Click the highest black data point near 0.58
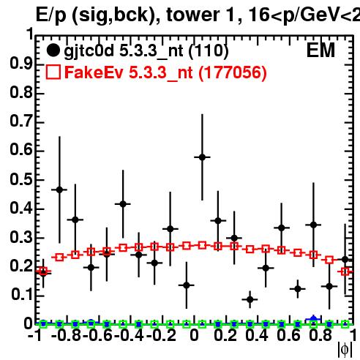click(202, 157)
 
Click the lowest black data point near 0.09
click(250, 299)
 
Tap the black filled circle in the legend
click(53, 50)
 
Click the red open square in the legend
click(53, 72)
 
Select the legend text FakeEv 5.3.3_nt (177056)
click(166, 72)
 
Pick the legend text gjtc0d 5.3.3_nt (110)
click(146, 51)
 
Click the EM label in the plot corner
click(320, 50)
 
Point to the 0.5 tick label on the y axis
click(21, 179)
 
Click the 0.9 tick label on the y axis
click(21, 64)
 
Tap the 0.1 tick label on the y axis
click(21, 295)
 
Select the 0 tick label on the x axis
click(194, 335)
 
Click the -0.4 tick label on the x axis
click(130, 335)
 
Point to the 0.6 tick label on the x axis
click(288, 335)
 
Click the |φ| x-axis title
click(345, 350)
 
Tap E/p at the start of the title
click(51, 16)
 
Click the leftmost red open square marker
click(43, 271)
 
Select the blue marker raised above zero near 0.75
click(314, 319)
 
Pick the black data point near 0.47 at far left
click(59, 190)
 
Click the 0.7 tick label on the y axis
click(21, 121)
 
